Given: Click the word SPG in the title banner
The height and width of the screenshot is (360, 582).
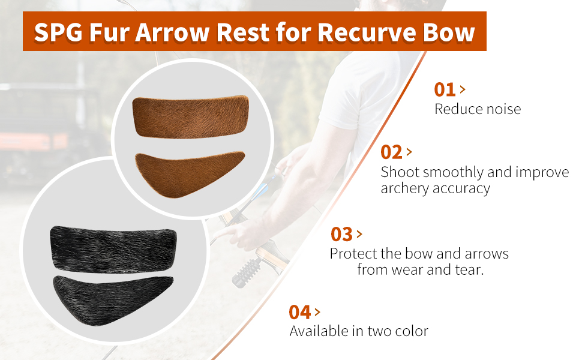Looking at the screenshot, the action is coord(58,32).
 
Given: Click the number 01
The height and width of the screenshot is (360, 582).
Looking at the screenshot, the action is coord(445,90).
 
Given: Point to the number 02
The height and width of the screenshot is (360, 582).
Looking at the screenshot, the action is coord(391,152).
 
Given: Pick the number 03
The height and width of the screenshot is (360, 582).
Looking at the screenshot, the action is coord(341,235).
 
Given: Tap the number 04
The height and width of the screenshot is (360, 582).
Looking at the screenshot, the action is coord(300,313).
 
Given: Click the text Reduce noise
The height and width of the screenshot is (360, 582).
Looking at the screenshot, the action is coord(478,109).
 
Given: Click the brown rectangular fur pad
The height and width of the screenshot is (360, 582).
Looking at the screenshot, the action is coord(190,117).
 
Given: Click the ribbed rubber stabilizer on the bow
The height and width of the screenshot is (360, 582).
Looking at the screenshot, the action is coord(247,272).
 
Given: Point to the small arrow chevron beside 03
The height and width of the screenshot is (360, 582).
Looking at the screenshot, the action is coord(359,234).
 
